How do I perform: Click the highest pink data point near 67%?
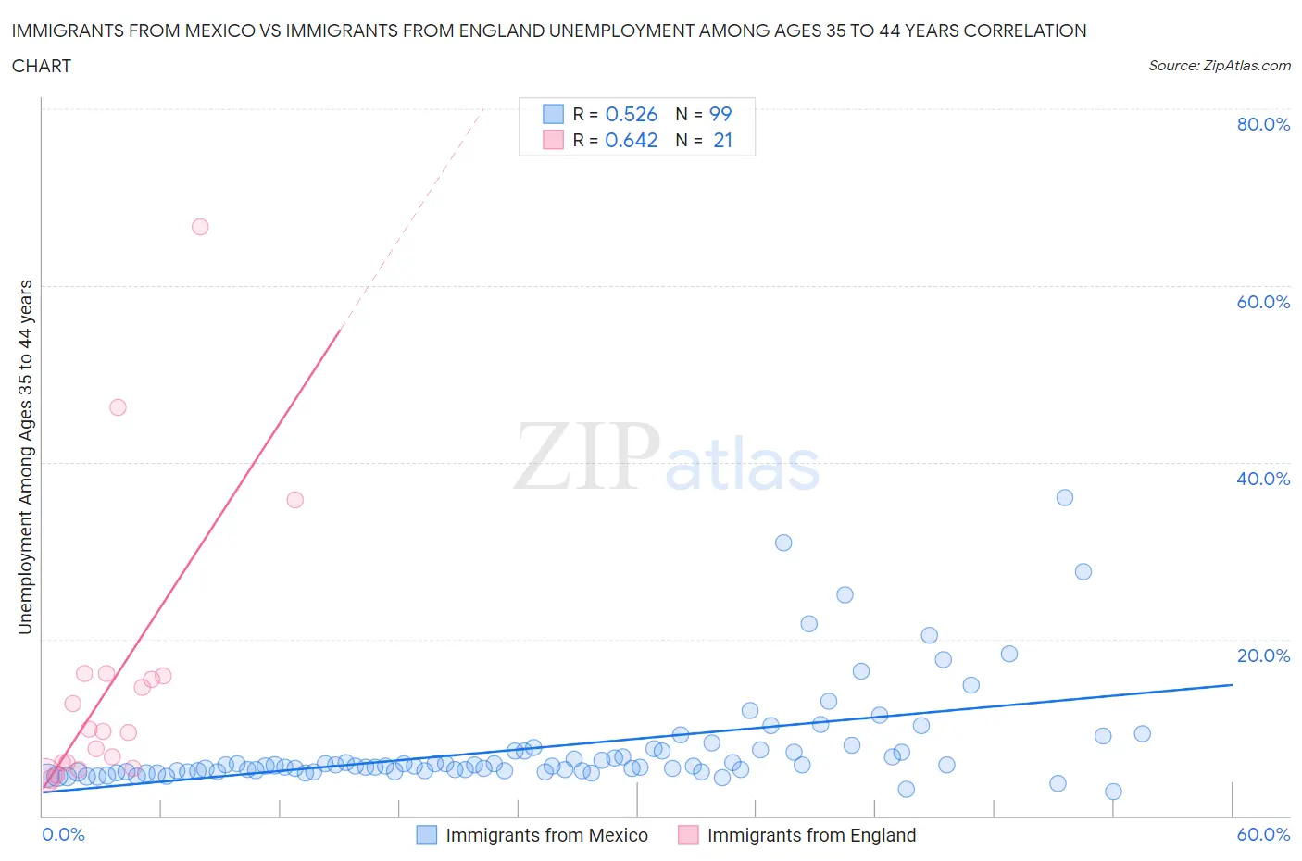(x=200, y=227)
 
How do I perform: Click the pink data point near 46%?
(x=118, y=407)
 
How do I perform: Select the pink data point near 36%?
(x=294, y=500)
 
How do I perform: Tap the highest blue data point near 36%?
(x=1065, y=497)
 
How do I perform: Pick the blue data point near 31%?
(x=783, y=543)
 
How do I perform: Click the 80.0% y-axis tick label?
(x=1263, y=124)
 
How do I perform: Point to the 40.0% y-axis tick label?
(x=1263, y=479)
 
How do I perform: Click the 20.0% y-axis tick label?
(x=1263, y=655)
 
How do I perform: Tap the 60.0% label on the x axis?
(x=1263, y=834)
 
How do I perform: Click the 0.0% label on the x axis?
(x=63, y=834)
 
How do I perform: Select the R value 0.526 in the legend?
(x=631, y=114)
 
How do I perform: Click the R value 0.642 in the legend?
(x=631, y=140)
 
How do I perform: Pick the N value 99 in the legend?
(x=720, y=114)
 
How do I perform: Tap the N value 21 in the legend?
(x=722, y=140)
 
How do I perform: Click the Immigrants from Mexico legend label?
(x=546, y=835)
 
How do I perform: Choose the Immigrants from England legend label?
(x=811, y=835)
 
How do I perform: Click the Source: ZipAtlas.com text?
(x=1219, y=66)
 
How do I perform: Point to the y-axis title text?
(x=25, y=456)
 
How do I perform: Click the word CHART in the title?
(x=42, y=66)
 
